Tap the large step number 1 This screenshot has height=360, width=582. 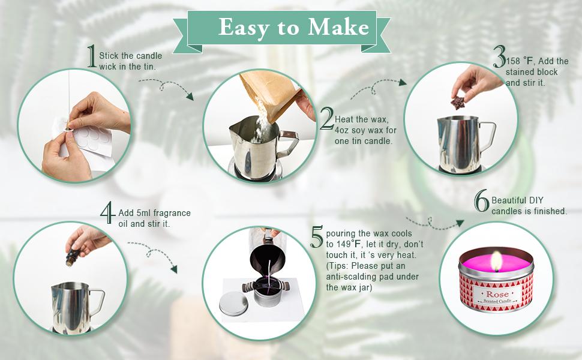(92, 56)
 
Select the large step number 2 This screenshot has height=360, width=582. (327, 118)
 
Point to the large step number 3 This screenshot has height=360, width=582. (500, 56)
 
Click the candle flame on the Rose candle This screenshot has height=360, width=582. (496, 260)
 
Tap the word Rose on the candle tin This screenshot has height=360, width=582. (497, 295)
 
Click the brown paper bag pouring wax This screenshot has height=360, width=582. (268, 94)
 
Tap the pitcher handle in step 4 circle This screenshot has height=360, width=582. (97, 301)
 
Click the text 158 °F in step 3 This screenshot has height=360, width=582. (519, 61)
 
